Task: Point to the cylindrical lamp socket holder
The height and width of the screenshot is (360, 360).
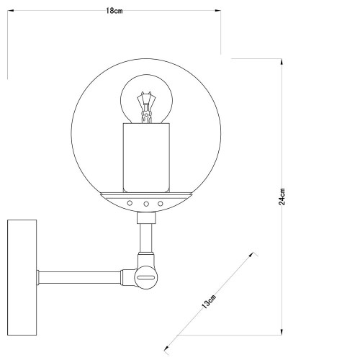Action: point(148,157)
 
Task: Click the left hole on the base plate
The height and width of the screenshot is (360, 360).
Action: point(130,204)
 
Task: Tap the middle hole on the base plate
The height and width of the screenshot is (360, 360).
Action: point(145,204)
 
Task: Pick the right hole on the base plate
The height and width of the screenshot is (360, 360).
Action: point(159,204)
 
